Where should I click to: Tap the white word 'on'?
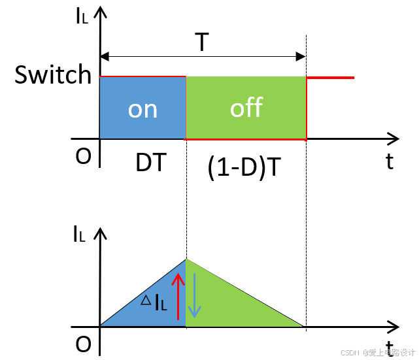pyautogui.click(x=142, y=108)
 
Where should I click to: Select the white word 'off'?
pyautogui.click(x=246, y=108)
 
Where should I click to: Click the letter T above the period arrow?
pyautogui.click(x=203, y=43)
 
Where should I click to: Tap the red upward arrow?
pyautogui.click(x=175, y=295)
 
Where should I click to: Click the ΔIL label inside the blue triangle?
pyautogui.click(x=154, y=301)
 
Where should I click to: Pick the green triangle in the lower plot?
pyautogui.click(x=235, y=301)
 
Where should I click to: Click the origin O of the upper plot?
pyautogui.click(x=83, y=158)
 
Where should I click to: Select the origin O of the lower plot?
pyautogui.click(x=83, y=345)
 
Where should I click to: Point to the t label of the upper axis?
pyautogui.click(x=390, y=161)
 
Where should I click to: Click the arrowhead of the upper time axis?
pyautogui.click(x=393, y=139)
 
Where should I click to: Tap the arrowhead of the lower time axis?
pyautogui.click(x=393, y=326)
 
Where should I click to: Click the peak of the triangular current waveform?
pyautogui.click(x=186, y=259)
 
